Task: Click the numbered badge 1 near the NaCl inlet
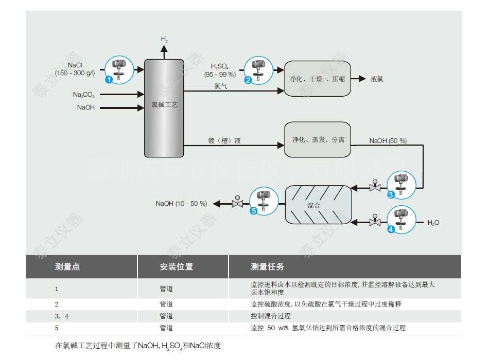[109, 80]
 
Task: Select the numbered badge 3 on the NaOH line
[391, 195]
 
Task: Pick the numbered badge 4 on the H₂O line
[391, 230]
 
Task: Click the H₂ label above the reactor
[164, 39]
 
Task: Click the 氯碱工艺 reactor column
[164, 108]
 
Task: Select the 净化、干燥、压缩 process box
[317, 79]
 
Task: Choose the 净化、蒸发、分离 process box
[318, 139]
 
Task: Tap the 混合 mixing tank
[318, 204]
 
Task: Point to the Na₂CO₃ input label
[83, 95]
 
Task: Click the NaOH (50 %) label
[388, 140]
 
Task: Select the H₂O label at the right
[433, 223]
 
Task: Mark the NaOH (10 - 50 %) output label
[182, 204]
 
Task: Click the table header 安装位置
[177, 267]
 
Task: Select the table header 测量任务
[267, 267]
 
